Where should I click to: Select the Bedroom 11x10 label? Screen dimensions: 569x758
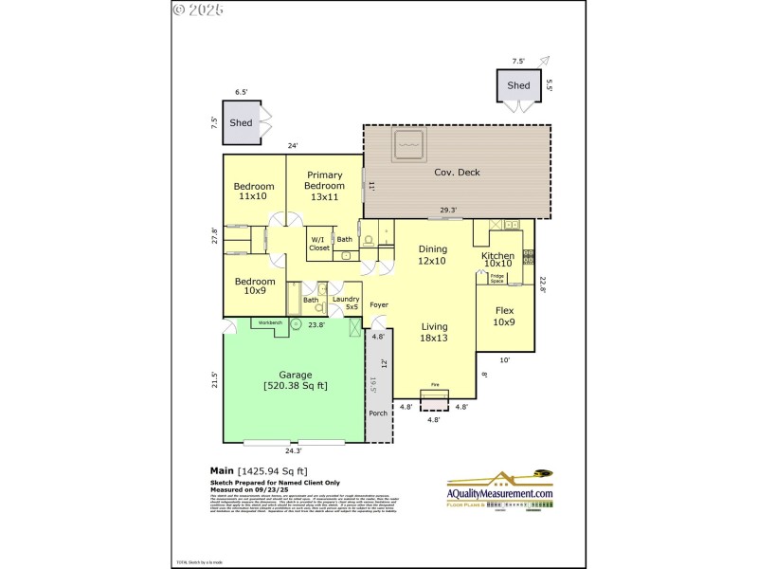pos(254,191)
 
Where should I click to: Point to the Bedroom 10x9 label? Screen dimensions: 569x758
pos(254,285)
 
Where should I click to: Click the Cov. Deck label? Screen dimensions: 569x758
pos(457,172)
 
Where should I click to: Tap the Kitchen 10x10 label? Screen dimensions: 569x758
pos(497,260)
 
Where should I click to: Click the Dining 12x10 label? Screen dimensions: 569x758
pos(433,254)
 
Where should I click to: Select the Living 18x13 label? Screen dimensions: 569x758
pos(434,331)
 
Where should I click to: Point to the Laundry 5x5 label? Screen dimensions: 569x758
pos(346,303)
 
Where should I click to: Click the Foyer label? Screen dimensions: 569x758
pos(379,304)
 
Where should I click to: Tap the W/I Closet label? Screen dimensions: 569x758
pos(319,244)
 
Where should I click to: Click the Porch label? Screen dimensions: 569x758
pos(378,413)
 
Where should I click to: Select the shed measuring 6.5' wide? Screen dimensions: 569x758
pos(241,122)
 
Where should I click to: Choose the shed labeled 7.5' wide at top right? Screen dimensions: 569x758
pos(518,85)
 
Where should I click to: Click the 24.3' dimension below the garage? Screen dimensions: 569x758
pos(293,451)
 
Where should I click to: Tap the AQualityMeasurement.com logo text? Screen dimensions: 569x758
pos(499,493)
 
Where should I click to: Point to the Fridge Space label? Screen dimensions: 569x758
pos(496,279)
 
